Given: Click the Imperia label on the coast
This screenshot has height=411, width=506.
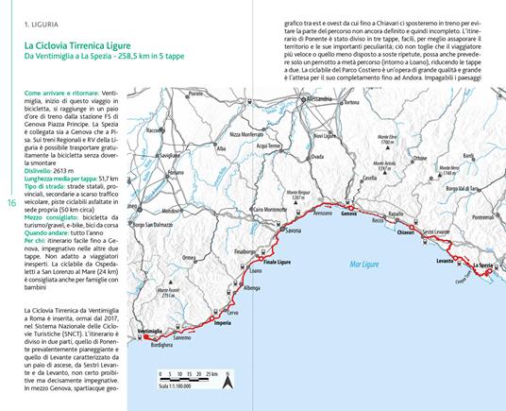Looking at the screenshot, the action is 223,323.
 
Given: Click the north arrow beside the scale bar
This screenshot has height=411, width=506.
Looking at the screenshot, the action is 227,381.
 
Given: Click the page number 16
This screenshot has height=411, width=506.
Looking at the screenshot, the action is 10,205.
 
